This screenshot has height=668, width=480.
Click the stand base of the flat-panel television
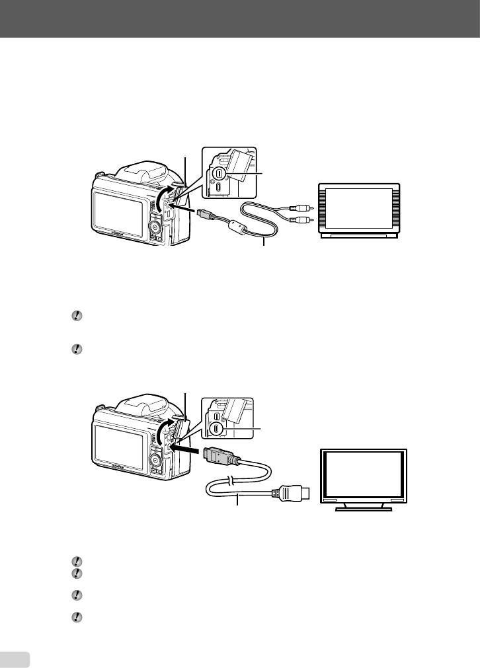pyautogui.click(x=363, y=509)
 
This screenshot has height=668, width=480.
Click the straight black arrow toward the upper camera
pyautogui.click(x=187, y=211)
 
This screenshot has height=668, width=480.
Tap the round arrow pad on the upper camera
pyautogui.click(x=155, y=227)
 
